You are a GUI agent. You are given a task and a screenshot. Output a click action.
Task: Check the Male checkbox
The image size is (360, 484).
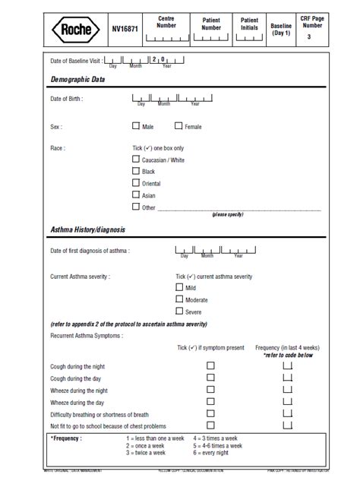click(x=136, y=126)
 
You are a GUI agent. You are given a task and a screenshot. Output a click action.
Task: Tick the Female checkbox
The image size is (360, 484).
click(x=178, y=126)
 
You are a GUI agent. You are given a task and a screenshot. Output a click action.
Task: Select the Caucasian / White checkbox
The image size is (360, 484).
click(x=136, y=160)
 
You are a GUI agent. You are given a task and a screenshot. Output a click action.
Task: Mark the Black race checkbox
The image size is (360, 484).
click(x=136, y=172)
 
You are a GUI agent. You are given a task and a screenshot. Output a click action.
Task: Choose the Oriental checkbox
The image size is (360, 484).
click(x=136, y=183)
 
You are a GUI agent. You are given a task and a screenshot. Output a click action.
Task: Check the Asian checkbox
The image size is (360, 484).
click(x=136, y=195)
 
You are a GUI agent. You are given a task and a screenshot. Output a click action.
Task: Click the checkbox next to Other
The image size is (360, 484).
click(x=136, y=207)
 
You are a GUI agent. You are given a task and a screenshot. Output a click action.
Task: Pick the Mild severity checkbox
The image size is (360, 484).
click(x=179, y=288)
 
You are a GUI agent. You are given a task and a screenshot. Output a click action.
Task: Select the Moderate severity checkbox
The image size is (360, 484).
click(x=179, y=299)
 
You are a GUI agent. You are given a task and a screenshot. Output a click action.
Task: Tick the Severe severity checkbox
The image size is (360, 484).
click(x=179, y=311)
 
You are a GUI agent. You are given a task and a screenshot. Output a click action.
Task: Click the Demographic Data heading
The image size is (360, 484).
click(x=77, y=80)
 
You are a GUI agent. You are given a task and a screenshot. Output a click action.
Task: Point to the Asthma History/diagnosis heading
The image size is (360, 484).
click(x=88, y=229)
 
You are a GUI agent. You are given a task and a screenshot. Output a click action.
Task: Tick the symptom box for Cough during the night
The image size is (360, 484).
click(x=211, y=365)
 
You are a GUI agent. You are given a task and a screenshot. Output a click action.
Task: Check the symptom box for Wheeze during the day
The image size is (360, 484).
click(x=211, y=402)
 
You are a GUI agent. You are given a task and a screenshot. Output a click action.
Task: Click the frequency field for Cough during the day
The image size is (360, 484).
click(x=287, y=378)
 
